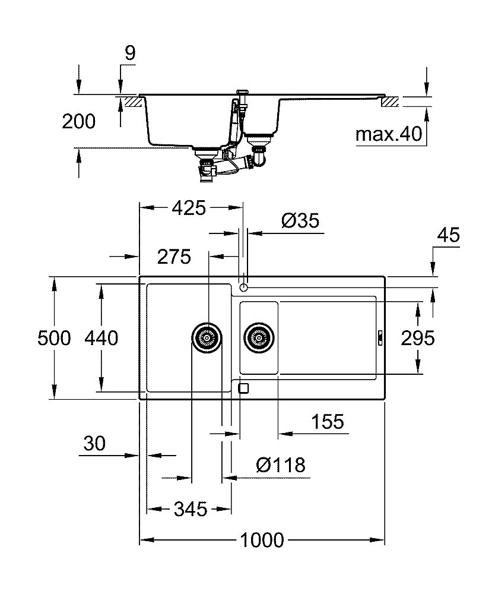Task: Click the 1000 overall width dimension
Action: (x=262, y=541)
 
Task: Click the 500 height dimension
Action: (x=54, y=338)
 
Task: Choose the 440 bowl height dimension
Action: (x=101, y=338)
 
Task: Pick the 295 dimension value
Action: (x=418, y=338)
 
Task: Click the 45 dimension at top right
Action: (x=448, y=235)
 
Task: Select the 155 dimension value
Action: (x=327, y=422)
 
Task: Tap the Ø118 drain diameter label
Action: (x=281, y=465)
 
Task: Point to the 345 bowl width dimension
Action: (x=190, y=508)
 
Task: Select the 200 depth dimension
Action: (x=78, y=121)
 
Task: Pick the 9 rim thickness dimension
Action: (x=129, y=53)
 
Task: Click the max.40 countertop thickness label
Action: (x=388, y=134)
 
